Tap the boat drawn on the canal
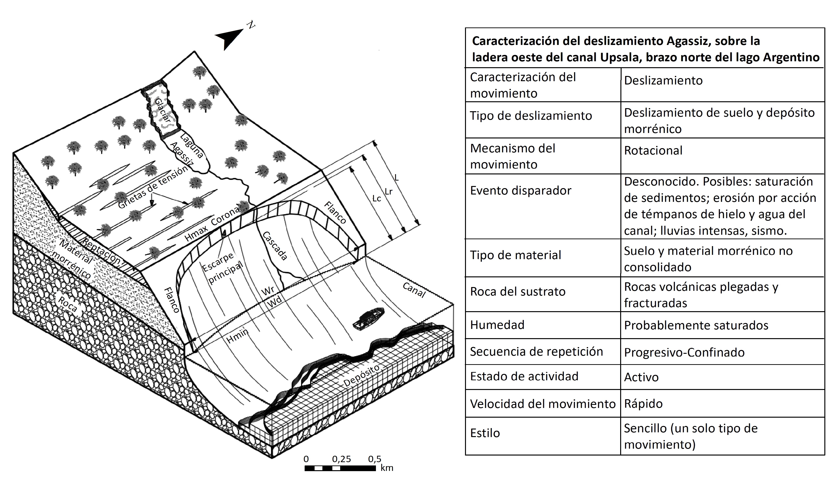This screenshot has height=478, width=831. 368,318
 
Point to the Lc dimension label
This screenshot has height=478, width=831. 377,199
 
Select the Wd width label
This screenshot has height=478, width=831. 274,302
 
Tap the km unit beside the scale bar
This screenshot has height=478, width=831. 387,468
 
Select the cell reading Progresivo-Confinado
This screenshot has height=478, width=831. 684,353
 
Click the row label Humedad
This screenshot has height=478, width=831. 497,325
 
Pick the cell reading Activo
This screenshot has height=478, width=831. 641,377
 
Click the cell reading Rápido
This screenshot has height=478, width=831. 643,404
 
